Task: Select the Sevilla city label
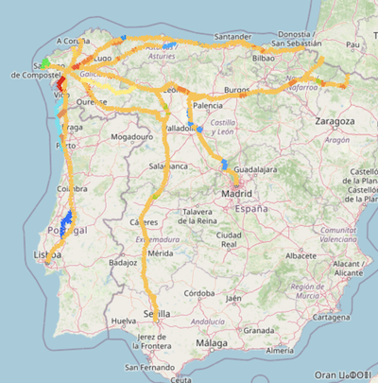coord(157,314)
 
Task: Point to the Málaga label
coord(211,344)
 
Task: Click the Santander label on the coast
coord(233,37)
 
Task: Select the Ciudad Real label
coord(230,238)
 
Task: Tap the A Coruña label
coord(73,42)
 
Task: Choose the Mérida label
coord(160,253)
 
